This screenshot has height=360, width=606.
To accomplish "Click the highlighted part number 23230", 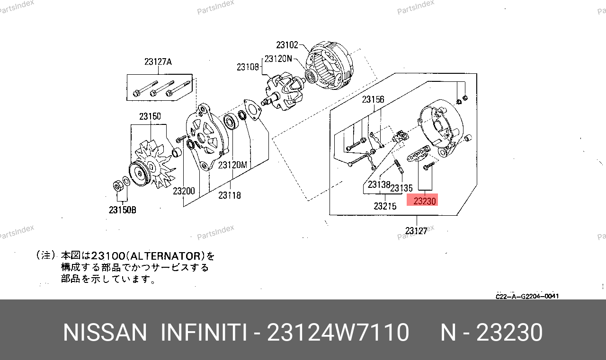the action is pos(425,201).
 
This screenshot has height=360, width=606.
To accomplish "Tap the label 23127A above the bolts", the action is pos(158,62).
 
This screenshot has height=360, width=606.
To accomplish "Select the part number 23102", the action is pos(287,45).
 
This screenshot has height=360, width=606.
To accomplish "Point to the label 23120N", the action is pos(278,59).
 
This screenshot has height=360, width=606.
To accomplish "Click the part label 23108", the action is pos(248,67).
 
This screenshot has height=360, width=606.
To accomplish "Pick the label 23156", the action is pos(373,99).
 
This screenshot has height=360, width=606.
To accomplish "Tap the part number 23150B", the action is pos(123,210).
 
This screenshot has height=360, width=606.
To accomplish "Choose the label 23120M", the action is pos(232,165).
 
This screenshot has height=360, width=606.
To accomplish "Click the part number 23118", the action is pos(230,195).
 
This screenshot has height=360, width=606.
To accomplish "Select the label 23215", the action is pos(385,206).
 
